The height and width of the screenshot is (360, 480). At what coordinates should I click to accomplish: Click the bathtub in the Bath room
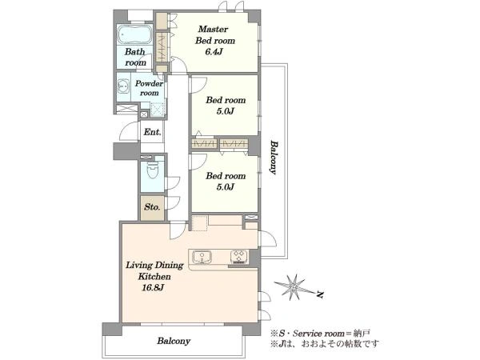134,34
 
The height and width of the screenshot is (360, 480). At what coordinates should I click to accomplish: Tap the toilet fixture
152,170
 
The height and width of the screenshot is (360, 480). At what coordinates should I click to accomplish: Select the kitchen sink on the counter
202,257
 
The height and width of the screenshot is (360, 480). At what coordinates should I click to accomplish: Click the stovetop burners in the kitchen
238,257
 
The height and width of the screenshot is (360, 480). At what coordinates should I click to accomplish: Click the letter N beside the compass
320,294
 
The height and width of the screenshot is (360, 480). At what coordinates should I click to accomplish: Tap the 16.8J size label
153,288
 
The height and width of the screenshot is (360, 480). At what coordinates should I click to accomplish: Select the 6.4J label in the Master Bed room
214,52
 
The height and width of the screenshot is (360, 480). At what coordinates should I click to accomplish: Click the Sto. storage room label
152,207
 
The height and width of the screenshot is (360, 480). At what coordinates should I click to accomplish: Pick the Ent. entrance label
153,132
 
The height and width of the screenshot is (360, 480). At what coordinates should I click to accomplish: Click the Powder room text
149,88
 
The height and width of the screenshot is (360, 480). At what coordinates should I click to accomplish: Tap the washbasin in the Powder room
123,87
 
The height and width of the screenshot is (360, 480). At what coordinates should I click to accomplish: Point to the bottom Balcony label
174,341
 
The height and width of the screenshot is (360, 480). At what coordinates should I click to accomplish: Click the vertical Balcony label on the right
274,158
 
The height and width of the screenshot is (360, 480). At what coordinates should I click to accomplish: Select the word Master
213,30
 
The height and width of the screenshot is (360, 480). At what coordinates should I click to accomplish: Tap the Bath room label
135,57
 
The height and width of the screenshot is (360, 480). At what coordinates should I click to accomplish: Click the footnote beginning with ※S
320,333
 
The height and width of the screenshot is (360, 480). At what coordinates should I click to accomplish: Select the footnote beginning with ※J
324,343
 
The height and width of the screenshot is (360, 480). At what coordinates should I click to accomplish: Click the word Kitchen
154,277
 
